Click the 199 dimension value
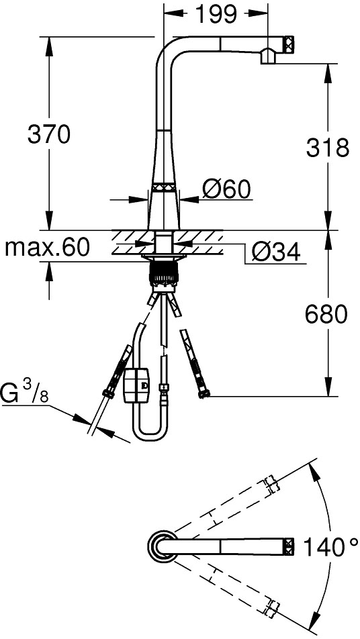point(216,15)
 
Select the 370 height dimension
point(49,134)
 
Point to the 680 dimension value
point(326,315)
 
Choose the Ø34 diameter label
point(276,252)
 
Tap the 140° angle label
point(330,546)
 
